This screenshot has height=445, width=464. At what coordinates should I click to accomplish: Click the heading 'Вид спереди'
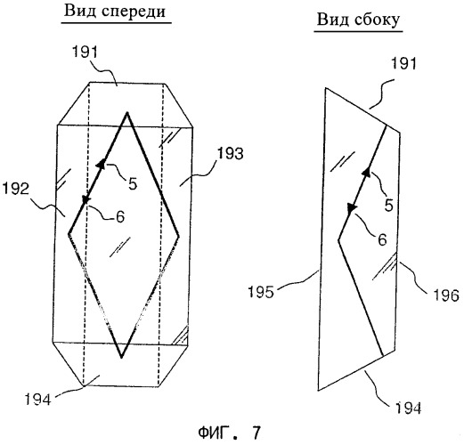[x=115, y=12]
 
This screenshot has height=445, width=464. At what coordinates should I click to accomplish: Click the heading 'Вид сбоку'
[x=358, y=20]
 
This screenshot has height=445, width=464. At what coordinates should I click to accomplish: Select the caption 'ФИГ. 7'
[x=229, y=433]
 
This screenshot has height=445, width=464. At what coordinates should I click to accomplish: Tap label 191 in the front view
[x=85, y=52]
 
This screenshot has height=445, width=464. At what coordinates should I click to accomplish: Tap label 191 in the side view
[x=404, y=63]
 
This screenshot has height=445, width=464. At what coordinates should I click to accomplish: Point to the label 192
[x=16, y=189]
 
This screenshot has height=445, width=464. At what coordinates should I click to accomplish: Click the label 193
[x=231, y=154]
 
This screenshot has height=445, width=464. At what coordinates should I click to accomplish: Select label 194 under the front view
[x=37, y=399]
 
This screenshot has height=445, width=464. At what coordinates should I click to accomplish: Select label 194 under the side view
[x=408, y=408]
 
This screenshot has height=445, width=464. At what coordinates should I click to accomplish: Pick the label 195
[x=261, y=292]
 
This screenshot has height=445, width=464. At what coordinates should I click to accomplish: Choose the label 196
[x=446, y=295]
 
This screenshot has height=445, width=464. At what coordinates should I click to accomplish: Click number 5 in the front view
[x=133, y=183]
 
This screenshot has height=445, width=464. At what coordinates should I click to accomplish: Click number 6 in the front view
[x=120, y=217]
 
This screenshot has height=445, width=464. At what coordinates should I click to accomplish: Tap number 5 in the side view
[x=389, y=205]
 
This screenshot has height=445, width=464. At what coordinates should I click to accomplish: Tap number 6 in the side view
[x=382, y=239]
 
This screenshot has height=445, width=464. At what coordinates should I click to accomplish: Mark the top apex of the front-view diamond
[x=127, y=112]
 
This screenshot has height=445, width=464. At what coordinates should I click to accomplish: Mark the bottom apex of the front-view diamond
[x=121, y=358]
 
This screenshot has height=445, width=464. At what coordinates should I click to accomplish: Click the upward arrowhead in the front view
[x=102, y=163]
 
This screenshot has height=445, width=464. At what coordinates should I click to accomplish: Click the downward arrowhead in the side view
[x=352, y=207]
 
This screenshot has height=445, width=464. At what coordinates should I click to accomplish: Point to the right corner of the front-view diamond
[x=179, y=236]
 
